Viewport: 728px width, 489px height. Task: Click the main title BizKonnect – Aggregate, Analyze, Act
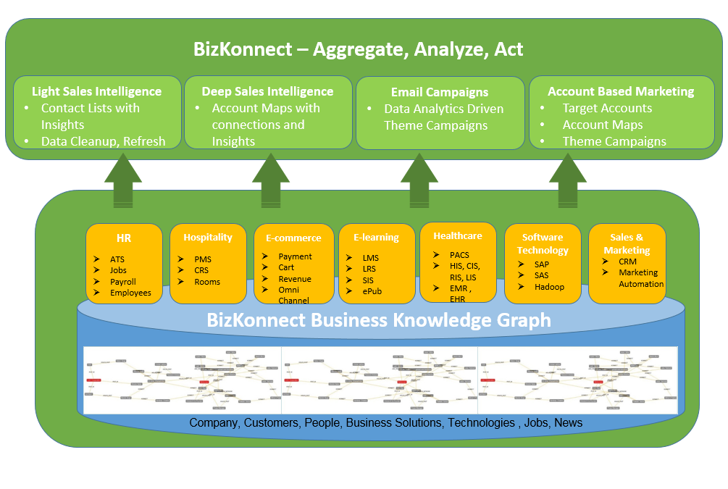358,49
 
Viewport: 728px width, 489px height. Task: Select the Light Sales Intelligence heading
96,91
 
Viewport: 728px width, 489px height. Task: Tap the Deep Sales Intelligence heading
267,91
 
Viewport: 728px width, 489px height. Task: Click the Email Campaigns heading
439,92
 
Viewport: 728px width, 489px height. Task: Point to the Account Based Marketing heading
621,91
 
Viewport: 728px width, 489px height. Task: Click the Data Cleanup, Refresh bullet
103,141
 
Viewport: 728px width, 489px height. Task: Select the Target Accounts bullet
607,108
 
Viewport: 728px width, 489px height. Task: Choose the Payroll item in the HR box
122,282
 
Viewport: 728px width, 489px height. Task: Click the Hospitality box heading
208,238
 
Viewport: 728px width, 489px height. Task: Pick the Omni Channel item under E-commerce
294,295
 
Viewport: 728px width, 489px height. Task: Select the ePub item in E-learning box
372,291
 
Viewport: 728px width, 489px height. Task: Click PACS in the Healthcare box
459,255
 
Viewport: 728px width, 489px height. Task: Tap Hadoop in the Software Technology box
549,287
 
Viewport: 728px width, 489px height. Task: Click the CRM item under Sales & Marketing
627,262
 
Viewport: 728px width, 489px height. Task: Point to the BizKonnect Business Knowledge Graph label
379,319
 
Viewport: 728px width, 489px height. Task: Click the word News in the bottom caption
568,422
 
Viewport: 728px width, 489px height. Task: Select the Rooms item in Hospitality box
207,282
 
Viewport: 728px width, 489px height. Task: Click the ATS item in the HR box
117,259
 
